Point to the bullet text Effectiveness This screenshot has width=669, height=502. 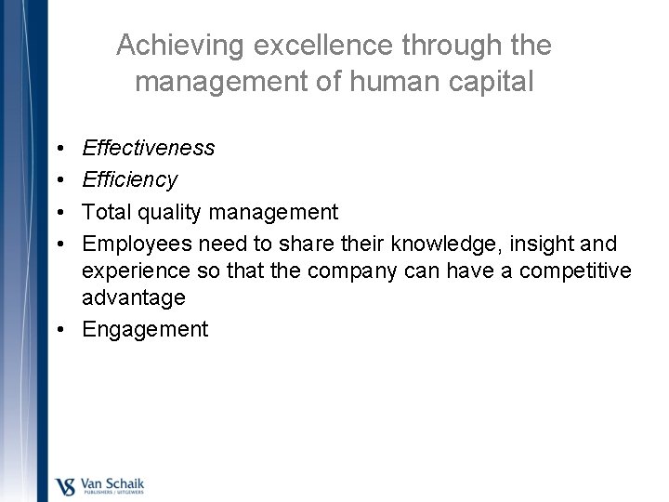pos(149,148)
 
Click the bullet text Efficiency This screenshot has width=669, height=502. pos(130,179)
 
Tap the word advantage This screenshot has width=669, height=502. pos(134,297)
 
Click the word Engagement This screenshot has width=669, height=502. pos(146,329)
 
